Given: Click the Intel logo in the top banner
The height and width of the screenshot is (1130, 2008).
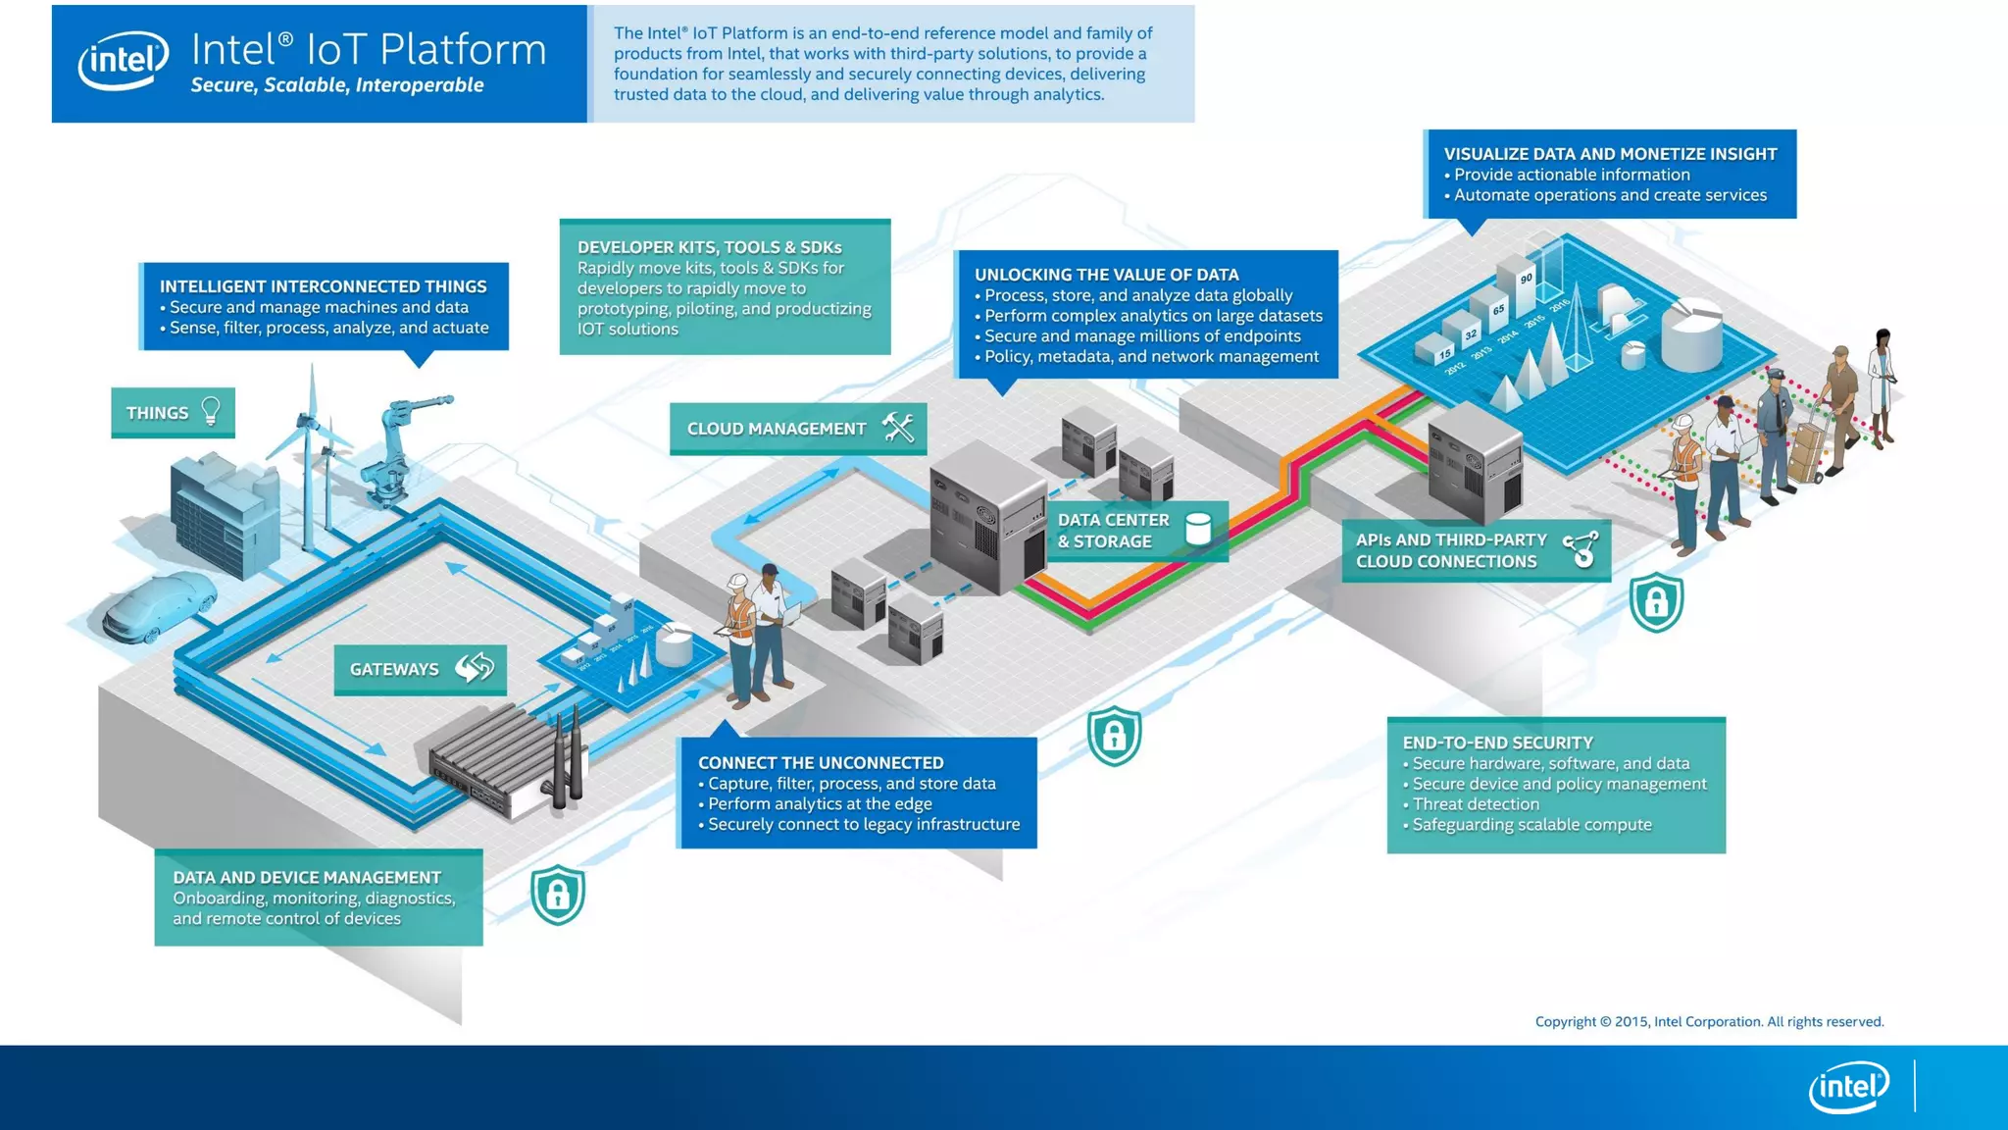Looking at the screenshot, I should coord(124,61).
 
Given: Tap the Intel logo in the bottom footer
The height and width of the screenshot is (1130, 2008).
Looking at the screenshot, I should coord(1848,1087).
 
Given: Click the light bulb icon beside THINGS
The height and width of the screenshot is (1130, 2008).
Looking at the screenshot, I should coord(211,411).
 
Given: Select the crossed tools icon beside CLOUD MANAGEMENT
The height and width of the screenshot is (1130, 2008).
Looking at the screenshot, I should coord(898,428).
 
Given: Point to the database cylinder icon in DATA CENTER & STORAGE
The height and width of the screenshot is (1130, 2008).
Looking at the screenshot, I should coord(1197,529).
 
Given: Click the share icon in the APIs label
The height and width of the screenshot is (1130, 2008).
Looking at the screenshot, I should coord(1581,549).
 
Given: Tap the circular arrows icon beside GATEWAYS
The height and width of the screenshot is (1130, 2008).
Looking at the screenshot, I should coord(475,668).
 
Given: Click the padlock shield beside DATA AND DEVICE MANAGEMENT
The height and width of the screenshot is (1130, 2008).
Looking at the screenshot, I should coord(558,894).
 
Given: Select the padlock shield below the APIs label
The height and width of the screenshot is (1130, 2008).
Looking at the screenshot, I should coord(1656,601).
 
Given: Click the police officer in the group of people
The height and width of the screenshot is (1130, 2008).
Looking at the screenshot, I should coord(1775,432).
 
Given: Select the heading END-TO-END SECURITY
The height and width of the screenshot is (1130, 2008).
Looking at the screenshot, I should coord(1497,743).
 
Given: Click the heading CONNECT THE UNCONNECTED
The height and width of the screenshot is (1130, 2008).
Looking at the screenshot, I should coord(821,762).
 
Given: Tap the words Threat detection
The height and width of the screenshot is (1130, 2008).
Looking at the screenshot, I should coord(1476,804).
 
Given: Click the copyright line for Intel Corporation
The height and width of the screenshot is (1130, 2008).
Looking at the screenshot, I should coord(1709,1021).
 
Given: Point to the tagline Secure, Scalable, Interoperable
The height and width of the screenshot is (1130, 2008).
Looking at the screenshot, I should coord(337,85).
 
